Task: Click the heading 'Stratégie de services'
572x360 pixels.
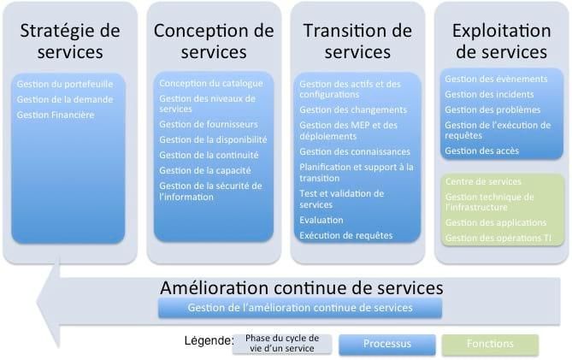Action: click(x=70, y=40)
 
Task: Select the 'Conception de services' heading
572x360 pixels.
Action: click(x=214, y=40)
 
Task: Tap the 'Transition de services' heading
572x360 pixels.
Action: click(x=357, y=40)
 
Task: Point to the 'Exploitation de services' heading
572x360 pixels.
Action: click(x=501, y=40)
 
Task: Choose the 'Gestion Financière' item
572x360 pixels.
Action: click(x=56, y=114)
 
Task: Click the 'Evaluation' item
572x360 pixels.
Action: click(x=321, y=220)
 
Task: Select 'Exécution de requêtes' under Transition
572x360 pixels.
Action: click(x=345, y=234)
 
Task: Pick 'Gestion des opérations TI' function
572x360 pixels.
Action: click(x=497, y=237)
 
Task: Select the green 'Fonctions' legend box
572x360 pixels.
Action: click(x=490, y=344)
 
